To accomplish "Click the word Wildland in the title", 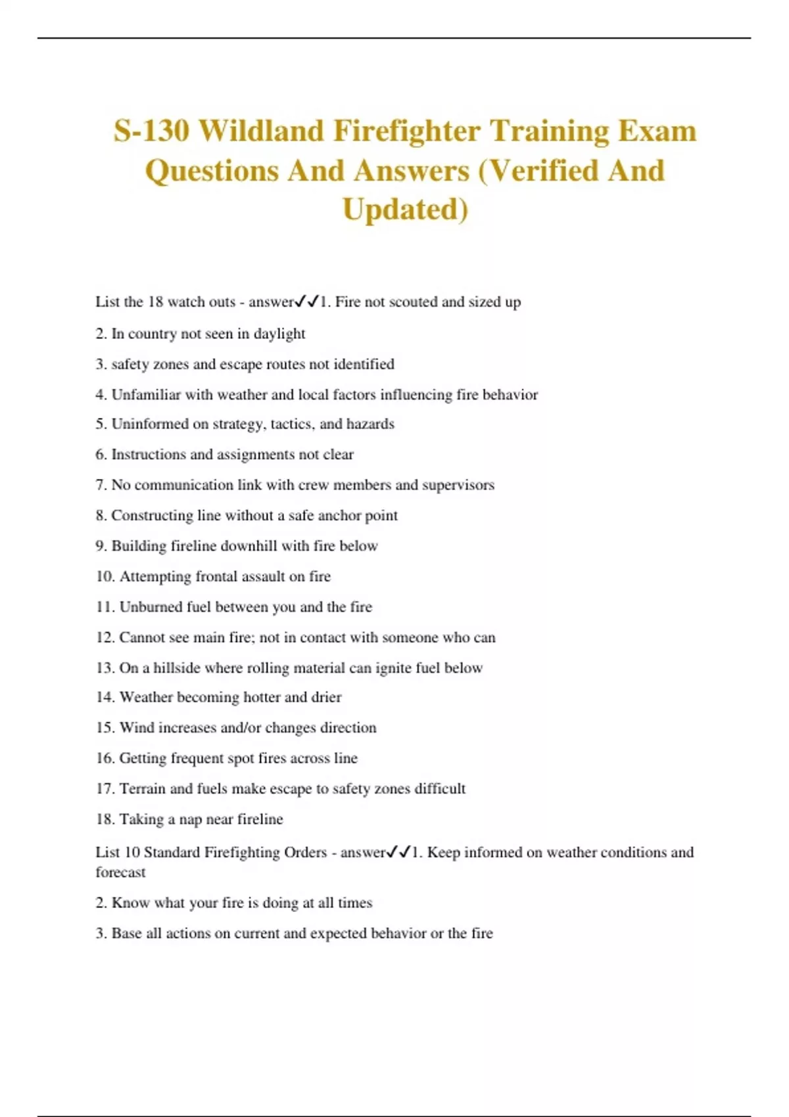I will tap(261, 130).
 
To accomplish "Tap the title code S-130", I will tap(151, 130).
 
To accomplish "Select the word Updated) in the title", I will tap(406, 209).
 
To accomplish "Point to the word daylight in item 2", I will tap(279, 334).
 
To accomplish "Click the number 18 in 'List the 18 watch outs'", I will tap(155, 302).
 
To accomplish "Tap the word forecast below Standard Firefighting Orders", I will tap(120, 873).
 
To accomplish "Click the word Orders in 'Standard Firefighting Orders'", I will tap(305, 852).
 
